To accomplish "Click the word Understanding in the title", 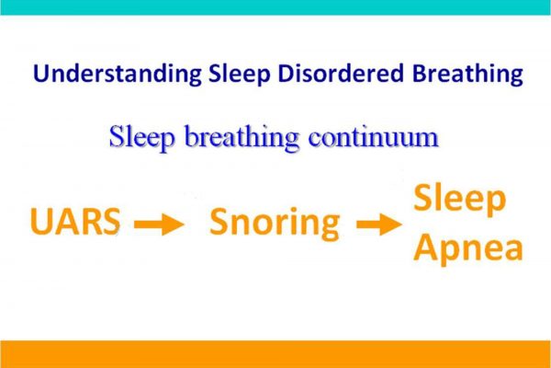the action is pos(117,74).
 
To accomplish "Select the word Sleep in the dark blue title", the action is pos(240,75).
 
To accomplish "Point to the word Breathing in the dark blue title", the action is pos(467,75).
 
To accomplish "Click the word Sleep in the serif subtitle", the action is pos(141,137).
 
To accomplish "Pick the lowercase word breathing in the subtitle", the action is pos(242,137).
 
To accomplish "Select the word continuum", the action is pos(374,137).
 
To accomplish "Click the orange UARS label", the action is pos(75,221).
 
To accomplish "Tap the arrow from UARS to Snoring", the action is pos(159,224).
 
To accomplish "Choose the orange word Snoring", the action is pos(275,224).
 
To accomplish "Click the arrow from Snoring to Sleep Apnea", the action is pos(379,224).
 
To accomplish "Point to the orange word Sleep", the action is pos(460,200).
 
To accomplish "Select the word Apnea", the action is pos(468,247).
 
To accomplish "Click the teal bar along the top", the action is pos(275,7).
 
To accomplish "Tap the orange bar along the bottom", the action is pos(275,354).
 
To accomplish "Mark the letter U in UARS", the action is pos(41,221).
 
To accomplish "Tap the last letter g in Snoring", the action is pos(329,228).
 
